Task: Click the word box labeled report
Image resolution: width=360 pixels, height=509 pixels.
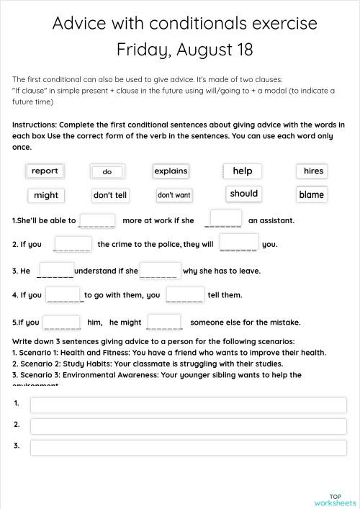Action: pyautogui.click(x=45, y=171)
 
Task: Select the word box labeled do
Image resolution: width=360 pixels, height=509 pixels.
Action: pyautogui.click(x=107, y=172)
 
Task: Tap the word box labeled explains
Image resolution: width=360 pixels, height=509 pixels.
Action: pyautogui.click(x=171, y=171)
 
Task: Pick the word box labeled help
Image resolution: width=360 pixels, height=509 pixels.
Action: pyautogui.click(x=243, y=171)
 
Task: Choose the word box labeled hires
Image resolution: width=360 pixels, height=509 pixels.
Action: pyautogui.click(x=313, y=171)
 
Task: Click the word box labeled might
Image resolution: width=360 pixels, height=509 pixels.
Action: pyautogui.click(x=46, y=196)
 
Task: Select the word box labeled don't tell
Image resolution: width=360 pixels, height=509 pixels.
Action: pyautogui.click(x=110, y=196)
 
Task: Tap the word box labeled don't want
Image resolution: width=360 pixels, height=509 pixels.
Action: pyautogui.click(x=174, y=196)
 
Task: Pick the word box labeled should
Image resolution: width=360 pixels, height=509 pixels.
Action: pyautogui.click(x=243, y=194)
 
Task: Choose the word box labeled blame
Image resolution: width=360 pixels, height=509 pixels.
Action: pyautogui.click(x=311, y=195)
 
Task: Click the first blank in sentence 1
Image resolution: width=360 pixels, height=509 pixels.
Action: pyautogui.click(x=97, y=220)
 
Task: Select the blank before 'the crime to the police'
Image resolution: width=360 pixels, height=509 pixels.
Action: pyautogui.click(x=73, y=244)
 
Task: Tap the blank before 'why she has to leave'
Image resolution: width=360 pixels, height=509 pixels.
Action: pyautogui.click(x=159, y=271)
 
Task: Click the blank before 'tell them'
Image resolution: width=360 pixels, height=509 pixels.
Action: pyautogui.click(x=185, y=294)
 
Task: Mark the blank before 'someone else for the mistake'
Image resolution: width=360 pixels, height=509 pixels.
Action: pyautogui.click(x=164, y=322)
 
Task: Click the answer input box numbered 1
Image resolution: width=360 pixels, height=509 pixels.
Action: pyautogui.click(x=188, y=405)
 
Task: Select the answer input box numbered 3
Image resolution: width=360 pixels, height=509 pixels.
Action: pyautogui.click(x=188, y=447)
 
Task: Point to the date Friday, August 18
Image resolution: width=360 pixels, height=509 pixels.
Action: pyautogui.click(x=184, y=50)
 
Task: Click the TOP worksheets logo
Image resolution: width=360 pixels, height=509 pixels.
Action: pyautogui.click(x=335, y=500)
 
